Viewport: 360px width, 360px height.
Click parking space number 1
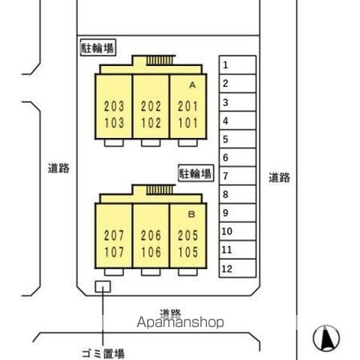238,65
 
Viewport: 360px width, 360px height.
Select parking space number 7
238,176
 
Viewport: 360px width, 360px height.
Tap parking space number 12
238,268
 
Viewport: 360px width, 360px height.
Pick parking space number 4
238,121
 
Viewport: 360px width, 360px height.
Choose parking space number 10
238,232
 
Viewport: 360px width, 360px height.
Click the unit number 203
114,106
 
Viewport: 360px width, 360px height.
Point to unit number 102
151,123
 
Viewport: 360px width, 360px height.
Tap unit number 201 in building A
188,106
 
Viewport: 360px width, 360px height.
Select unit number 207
114,235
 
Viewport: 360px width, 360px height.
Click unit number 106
151,252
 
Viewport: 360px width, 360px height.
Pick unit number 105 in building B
188,252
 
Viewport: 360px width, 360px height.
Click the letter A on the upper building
192,85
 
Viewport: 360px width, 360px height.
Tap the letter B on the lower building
191,214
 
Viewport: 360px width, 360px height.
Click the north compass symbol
326,338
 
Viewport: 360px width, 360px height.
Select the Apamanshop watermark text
180,322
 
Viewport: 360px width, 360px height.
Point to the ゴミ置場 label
103,354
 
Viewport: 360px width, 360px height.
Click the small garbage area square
103,286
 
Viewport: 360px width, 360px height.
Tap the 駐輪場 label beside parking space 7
196,173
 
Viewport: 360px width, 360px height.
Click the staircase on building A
160,61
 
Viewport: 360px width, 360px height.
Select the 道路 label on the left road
58,168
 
